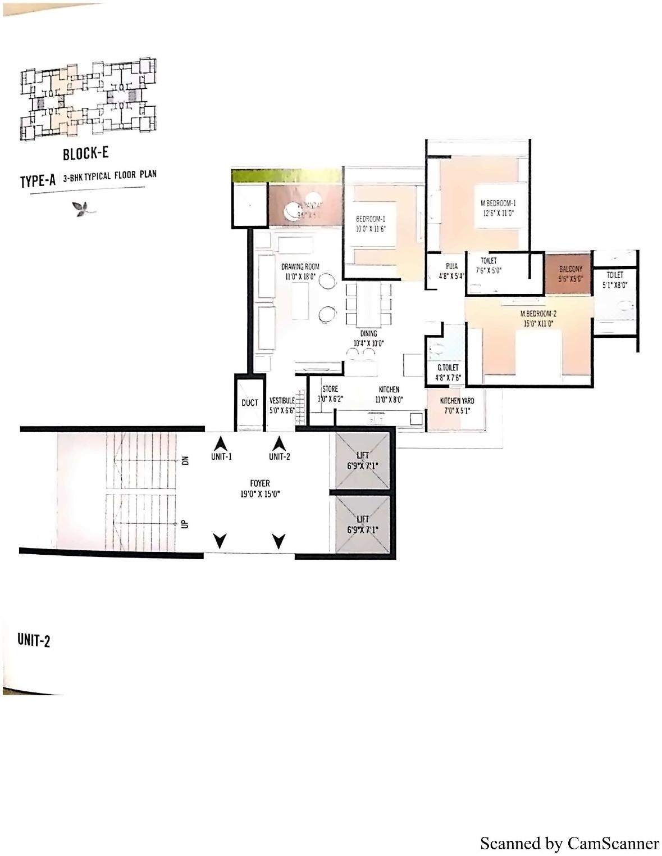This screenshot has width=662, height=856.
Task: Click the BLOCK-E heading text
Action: (85, 153)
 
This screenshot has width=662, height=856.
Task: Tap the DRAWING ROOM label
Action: (300, 266)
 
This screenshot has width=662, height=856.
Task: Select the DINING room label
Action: (368, 333)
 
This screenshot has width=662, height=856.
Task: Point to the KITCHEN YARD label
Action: (456, 401)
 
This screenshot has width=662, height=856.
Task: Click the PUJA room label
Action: (451, 266)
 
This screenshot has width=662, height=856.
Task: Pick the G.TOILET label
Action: (448, 368)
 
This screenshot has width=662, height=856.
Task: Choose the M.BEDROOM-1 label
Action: (498, 203)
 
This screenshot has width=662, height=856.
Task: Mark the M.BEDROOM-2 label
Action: (538, 314)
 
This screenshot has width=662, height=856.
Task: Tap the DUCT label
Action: (249, 402)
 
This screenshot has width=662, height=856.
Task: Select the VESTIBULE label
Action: (282, 401)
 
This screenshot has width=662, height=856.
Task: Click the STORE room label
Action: (330, 389)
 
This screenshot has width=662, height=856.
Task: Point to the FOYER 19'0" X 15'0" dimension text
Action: (260, 494)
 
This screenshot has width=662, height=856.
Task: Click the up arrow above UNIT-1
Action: (221, 442)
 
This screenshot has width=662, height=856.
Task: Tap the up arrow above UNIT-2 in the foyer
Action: (279, 442)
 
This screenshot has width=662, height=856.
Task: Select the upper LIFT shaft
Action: (363, 460)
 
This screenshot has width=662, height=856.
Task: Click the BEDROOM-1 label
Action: (371, 219)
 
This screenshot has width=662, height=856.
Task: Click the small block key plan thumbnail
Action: (88, 99)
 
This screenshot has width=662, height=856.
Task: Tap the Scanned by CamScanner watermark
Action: (569, 843)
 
